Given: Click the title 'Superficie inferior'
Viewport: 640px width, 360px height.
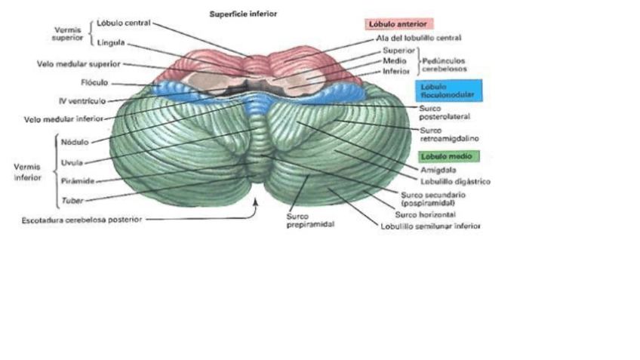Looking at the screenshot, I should [242, 13].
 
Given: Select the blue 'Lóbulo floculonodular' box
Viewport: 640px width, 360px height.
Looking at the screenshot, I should [450, 90].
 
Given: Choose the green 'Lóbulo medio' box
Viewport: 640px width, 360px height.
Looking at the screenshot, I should [447, 156].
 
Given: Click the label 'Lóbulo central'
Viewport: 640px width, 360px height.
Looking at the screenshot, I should [124, 23].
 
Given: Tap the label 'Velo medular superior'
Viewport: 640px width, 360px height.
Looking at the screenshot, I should [78, 64].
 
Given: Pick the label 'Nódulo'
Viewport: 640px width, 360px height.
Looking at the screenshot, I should [75, 141].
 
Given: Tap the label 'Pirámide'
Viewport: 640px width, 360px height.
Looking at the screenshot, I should [77, 181].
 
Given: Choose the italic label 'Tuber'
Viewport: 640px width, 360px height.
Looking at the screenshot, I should [72, 201].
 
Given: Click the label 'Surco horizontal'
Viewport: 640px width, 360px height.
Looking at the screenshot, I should [425, 214].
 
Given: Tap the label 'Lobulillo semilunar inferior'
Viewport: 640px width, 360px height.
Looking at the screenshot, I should [430, 226].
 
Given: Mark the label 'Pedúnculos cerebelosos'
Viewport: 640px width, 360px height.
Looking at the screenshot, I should [444, 63].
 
